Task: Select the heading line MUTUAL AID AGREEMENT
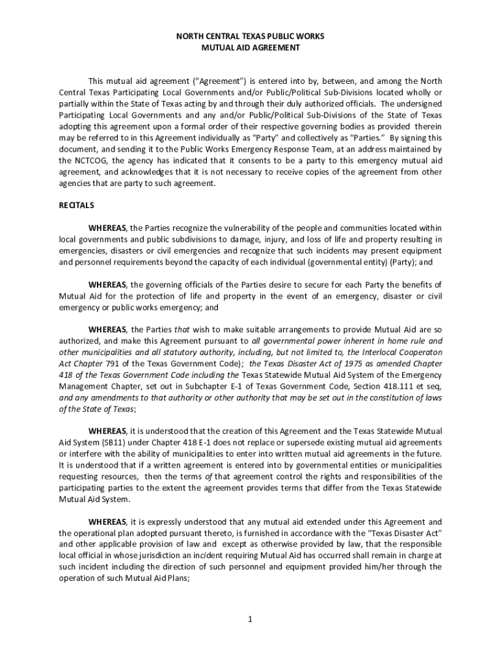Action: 251,47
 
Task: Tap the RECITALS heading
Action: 76,206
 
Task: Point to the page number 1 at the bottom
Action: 250,619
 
